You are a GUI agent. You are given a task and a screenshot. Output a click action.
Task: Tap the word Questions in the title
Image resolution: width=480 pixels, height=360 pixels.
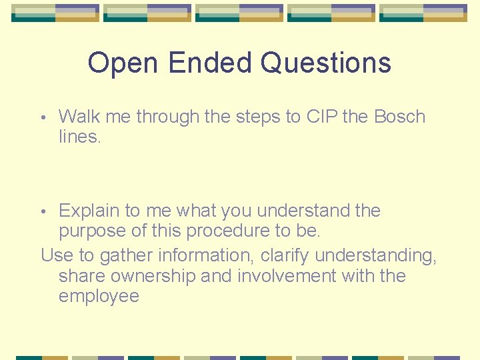[326, 63]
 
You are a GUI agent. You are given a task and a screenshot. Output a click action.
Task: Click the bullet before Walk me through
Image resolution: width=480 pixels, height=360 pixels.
[43, 117]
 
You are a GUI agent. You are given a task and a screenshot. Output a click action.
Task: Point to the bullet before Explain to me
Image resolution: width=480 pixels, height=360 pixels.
[43, 211]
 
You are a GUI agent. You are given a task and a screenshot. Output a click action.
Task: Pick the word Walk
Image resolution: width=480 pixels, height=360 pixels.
[79, 117]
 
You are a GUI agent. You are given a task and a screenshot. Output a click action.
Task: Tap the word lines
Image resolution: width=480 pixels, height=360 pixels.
[80, 137]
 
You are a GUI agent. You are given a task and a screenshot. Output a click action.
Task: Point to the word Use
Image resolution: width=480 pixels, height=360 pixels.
[55, 255]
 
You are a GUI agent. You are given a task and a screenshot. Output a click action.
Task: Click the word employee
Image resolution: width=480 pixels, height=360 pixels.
[99, 297]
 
